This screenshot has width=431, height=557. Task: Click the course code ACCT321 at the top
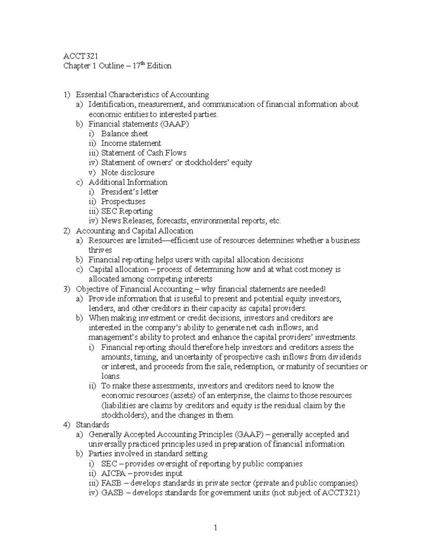tap(80, 56)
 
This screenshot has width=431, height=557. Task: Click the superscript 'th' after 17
tap(144, 63)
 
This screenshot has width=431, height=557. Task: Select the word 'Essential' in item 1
tap(92, 95)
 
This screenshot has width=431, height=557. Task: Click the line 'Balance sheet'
tap(124, 134)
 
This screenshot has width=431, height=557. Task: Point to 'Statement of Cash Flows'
tap(144, 153)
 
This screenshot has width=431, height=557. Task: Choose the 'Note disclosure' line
tap(128, 173)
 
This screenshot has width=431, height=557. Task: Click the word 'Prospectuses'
tap(123, 202)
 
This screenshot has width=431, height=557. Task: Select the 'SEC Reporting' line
tap(127, 211)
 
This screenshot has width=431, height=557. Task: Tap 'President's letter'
tap(129, 192)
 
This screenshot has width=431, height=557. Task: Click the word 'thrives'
tap(100, 250)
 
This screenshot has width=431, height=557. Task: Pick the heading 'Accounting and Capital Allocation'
tap(134, 231)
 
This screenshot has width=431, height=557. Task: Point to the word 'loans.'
tap(111, 376)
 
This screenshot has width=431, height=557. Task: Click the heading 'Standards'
tap(93, 425)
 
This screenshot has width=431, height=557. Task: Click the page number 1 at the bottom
tap(215, 528)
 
